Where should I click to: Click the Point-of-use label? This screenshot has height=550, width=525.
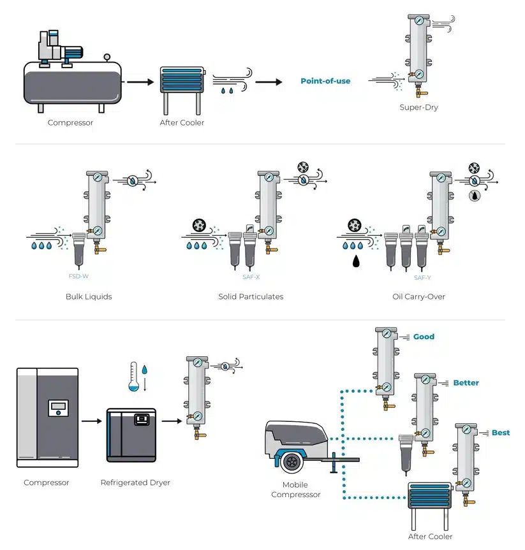(x=325, y=81)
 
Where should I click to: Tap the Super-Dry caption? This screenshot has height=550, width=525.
(x=418, y=107)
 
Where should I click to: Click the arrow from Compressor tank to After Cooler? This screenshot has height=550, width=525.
(x=140, y=82)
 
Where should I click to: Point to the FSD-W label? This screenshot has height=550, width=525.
(x=78, y=277)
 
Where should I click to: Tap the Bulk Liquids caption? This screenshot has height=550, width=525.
(x=89, y=296)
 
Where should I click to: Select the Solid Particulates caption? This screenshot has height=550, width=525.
(x=251, y=296)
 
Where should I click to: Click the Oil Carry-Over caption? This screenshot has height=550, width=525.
(x=418, y=296)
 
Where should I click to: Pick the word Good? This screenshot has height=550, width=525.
(x=424, y=337)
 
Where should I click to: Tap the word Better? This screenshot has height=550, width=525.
(x=466, y=383)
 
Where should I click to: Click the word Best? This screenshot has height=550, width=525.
(x=501, y=433)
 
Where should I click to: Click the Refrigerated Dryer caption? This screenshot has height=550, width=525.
(x=135, y=482)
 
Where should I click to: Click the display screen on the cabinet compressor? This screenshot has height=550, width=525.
(x=58, y=407)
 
